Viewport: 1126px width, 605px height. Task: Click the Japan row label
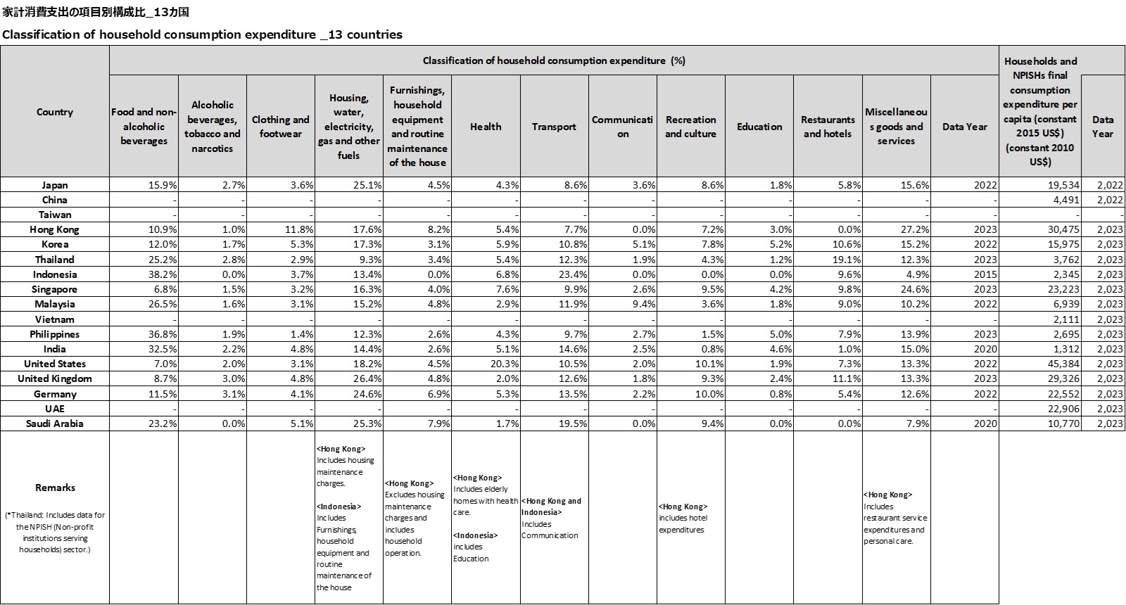pyautogui.click(x=54, y=185)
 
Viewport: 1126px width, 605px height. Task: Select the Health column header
pyautogui.click(x=486, y=127)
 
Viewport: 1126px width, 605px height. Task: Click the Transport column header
pyautogui.click(x=554, y=127)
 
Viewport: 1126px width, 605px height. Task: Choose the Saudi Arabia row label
pyautogui.click(x=54, y=423)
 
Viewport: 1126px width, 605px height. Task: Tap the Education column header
pyautogui.click(x=759, y=127)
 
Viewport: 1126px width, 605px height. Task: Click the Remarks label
pyautogui.click(x=55, y=488)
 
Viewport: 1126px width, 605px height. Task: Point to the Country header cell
pyautogui.click(x=54, y=112)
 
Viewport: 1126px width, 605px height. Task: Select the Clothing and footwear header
pyautogui.click(x=280, y=127)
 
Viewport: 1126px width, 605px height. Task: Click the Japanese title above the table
pyautogui.click(x=96, y=12)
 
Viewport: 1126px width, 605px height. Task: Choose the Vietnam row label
pyautogui.click(x=54, y=319)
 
